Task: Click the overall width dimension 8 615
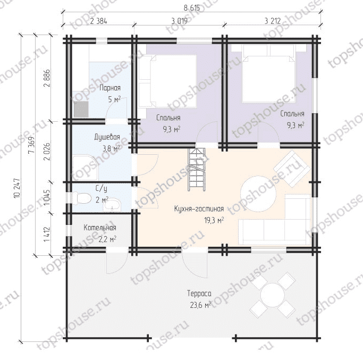pos(192,7)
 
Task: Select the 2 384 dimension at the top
pos(99,21)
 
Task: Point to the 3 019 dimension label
pos(180,21)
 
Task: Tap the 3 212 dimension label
pos(273,21)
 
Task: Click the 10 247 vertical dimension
pos(16,188)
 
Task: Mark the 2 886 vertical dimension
pos(47,78)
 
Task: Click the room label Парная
pos(110,88)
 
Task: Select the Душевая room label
pos(107,137)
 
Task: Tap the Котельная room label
pos(100,228)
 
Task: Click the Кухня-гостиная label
pos(199,209)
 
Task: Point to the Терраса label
pos(199,294)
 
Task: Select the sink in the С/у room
pos(112,205)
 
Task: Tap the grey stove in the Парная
pos(81,109)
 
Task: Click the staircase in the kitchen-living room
pos(197,170)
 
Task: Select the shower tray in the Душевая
pos(86,168)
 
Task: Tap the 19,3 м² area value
pos(214,220)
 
